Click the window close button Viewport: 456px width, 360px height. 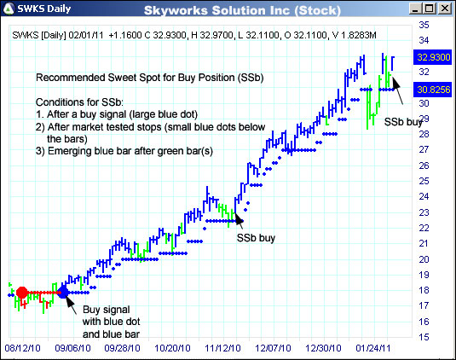pos(445,10)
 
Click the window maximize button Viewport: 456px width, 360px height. pos(429,10)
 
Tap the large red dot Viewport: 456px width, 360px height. pos(22,293)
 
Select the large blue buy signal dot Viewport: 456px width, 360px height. pos(64,293)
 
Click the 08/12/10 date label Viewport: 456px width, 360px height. pos(25,348)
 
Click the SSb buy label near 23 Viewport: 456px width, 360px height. pos(255,239)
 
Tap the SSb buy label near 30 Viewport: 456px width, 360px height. pos(402,122)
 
